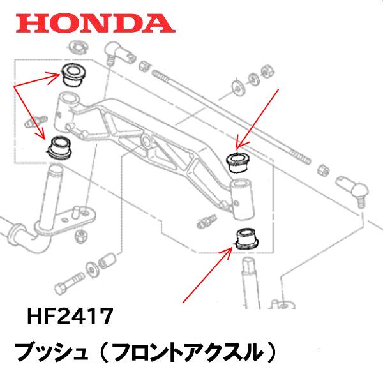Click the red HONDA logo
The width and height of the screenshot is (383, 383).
[96, 23]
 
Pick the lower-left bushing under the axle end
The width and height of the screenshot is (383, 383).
[60, 147]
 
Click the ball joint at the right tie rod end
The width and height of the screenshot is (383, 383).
[356, 189]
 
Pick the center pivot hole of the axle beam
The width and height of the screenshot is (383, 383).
[146, 139]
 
